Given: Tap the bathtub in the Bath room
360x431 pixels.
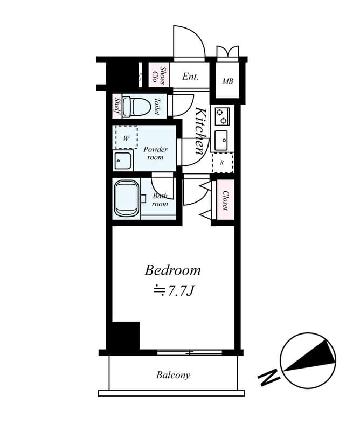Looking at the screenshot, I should (x=127, y=198).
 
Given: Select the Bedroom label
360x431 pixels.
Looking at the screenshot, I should (x=172, y=270).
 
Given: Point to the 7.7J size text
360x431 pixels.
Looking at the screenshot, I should (x=174, y=291).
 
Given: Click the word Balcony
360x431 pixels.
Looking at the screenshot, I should (x=173, y=375).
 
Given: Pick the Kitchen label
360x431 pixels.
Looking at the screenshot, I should (x=200, y=131).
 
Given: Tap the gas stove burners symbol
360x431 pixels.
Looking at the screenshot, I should (x=222, y=116).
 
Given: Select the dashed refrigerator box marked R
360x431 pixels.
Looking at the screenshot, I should (x=222, y=162).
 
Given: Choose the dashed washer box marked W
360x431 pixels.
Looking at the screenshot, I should (x=127, y=138).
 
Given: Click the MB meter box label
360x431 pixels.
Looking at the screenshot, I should (x=227, y=81).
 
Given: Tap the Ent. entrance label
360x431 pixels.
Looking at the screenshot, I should (x=190, y=77).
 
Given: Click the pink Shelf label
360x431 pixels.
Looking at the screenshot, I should (x=117, y=106).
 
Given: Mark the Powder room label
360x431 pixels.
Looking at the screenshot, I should (x=155, y=153).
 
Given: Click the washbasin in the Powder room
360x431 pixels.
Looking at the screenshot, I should (x=123, y=161).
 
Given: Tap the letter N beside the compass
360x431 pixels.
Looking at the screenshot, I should (x=269, y=377).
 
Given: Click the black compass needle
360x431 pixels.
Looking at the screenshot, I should (x=308, y=358).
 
